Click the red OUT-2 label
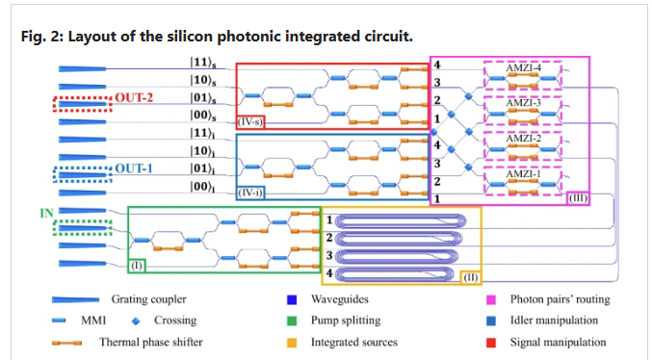click(x=134, y=97)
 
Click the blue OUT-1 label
click(x=134, y=168)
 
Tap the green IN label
click(x=46, y=214)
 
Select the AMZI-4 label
click(x=524, y=67)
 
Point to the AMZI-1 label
click(x=524, y=174)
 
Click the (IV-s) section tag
click(x=249, y=122)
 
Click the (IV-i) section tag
click(x=249, y=193)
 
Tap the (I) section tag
click(x=137, y=266)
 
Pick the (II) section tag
click(x=470, y=277)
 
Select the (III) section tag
click(x=579, y=198)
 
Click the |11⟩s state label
click(x=203, y=63)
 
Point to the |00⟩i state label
click(x=202, y=187)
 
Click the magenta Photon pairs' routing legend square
click(x=491, y=299)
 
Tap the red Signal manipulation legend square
click(x=491, y=343)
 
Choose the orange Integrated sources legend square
click(x=292, y=343)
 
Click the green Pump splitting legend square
click(x=292, y=321)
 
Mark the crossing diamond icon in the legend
click(x=136, y=321)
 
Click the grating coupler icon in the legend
click(x=75, y=299)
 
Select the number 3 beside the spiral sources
click(x=329, y=255)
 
